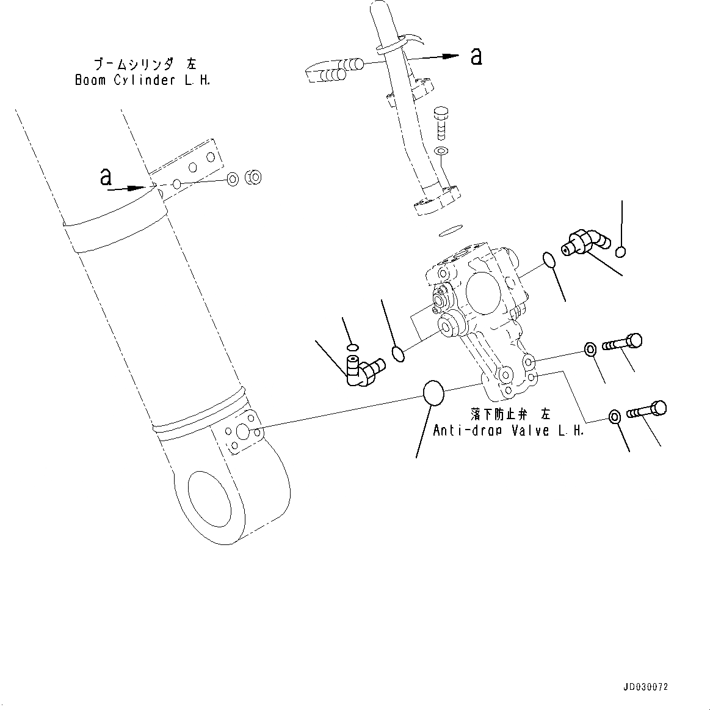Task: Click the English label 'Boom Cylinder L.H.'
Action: pos(142,81)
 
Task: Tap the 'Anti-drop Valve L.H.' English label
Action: pos(508,430)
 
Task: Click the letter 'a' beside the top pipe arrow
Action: pos(476,57)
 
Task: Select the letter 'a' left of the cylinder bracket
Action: pos(106,177)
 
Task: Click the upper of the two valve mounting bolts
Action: pos(622,343)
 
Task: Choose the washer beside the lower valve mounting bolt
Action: pos(614,417)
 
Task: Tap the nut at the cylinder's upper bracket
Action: pos(253,178)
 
